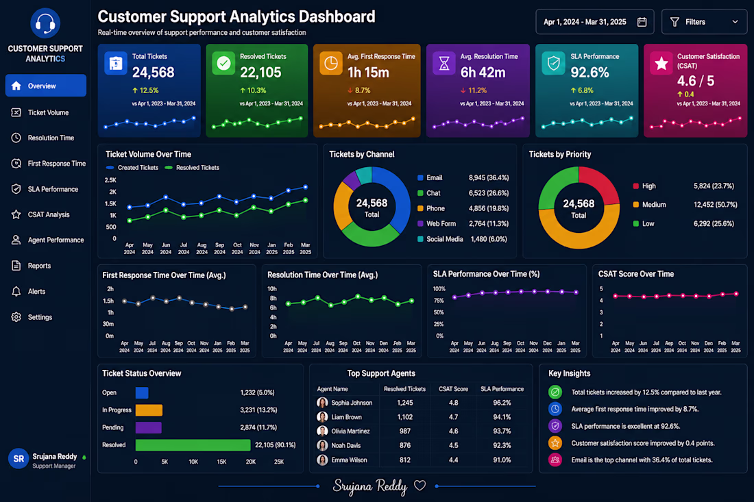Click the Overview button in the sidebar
[46, 86]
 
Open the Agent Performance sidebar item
[47, 240]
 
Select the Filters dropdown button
[704, 22]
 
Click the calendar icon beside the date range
[642, 22]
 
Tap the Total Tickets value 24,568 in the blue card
[154, 73]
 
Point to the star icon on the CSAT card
[661, 64]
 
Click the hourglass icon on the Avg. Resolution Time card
[444, 63]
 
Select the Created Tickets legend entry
[132, 168]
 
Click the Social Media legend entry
[440, 239]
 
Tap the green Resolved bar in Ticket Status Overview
[193, 445]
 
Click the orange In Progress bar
[149, 410]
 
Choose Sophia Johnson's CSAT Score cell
[454, 403]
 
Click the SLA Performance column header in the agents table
[502, 389]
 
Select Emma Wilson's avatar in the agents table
[322, 460]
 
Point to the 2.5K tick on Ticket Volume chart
[110, 180]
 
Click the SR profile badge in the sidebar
[19, 459]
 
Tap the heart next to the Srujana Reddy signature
[419, 486]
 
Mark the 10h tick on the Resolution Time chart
[272, 289]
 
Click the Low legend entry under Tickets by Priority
[644, 223]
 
